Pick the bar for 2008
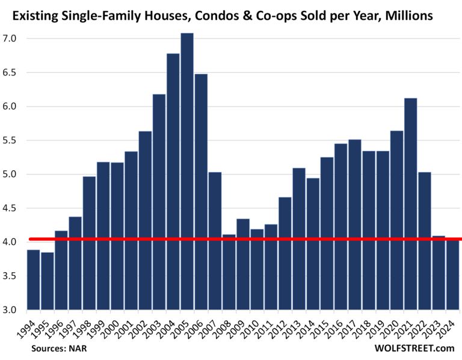tap(229, 271)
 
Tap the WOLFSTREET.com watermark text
tap(414, 348)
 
